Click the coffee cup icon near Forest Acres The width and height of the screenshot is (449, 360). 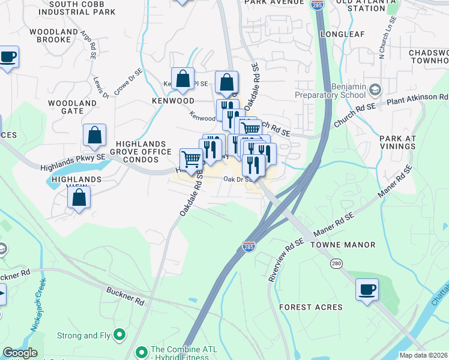tap(367, 289)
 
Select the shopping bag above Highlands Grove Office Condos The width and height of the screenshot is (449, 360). tap(95, 136)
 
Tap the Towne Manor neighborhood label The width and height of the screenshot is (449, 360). tap(343, 245)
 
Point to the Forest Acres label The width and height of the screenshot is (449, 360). tap(311, 307)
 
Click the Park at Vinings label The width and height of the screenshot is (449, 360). tap(397, 143)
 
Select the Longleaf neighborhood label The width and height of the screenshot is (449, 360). tap(342, 34)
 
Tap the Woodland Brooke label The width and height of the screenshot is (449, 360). tap(53, 35)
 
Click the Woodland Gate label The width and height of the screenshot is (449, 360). tap(72, 107)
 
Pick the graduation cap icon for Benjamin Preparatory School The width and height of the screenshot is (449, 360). tap(375, 90)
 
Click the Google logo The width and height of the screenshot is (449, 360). tap(19, 353)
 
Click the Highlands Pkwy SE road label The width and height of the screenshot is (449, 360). tap(73, 163)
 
